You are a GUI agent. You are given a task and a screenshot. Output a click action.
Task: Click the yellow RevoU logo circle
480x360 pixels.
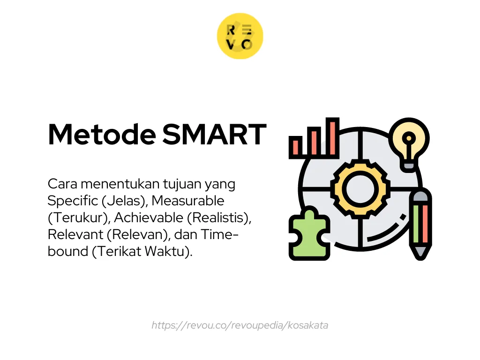point(240,36)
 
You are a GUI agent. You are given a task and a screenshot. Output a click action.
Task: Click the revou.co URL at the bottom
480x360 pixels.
point(240,325)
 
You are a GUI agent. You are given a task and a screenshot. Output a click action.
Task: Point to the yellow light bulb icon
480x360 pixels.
point(409,141)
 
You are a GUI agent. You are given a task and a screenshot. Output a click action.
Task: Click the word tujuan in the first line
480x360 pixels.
point(162,184)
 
